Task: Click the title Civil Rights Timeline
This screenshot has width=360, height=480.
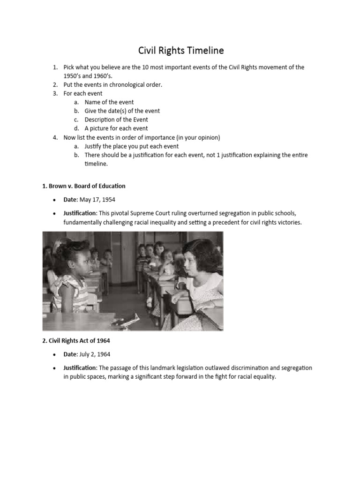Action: pos(180,50)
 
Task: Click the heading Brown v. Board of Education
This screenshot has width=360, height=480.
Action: pos(84,186)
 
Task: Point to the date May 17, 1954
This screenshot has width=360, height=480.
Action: pos(97,200)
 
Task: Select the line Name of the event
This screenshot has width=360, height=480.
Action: pos(109,102)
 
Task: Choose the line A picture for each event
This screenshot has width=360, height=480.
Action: pos(116,128)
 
